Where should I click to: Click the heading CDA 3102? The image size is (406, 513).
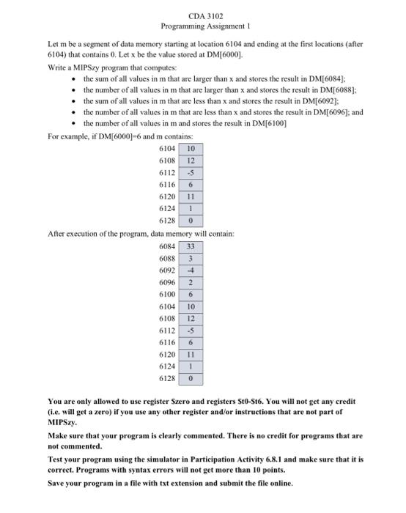(202, 16)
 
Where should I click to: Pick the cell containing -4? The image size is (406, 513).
(191, 270)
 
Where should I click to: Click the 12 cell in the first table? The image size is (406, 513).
(191, 160)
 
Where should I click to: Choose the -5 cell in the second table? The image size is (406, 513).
(191, 327)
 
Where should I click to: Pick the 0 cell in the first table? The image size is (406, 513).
(191, 219)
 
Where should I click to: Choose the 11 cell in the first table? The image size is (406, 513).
(191, 196)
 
